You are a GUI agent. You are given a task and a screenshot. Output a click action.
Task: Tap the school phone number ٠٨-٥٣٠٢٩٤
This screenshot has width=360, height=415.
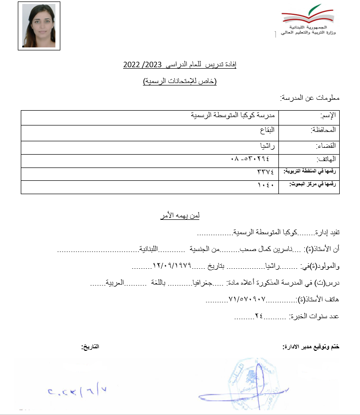coord(250,159)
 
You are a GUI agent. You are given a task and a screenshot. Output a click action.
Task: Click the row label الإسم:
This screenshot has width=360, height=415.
coord(329,116)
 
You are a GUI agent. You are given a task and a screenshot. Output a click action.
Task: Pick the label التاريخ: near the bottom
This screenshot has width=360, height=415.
coord(90,347)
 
